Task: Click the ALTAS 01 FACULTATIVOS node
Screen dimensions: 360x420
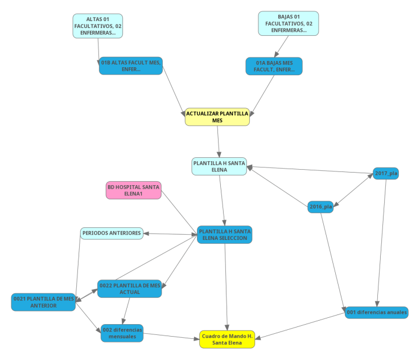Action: pyautogui.click(x=98, y=26)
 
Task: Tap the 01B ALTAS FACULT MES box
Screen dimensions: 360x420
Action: pyautogui.click(x=131, y=66)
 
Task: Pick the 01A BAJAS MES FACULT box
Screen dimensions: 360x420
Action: pyautogui.click(x=274, y=66)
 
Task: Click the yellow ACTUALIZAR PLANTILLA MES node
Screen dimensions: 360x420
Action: pyautogui.click(x=217, y=117)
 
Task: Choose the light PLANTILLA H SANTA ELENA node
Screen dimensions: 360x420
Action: pyautogui.click(x=219, y=166)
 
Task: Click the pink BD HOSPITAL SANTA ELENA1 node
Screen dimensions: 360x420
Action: pyautogui.click(x=134, y=190)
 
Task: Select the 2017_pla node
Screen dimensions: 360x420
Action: pyautogui.click(x=386, y=173)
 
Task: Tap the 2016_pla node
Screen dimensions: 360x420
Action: pyautogui.click(x=320, y=207)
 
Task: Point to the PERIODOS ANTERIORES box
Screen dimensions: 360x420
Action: pyautogui.click(x=112, y=233)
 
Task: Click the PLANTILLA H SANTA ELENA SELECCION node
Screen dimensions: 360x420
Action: pyautogui.click(x=225, y=235)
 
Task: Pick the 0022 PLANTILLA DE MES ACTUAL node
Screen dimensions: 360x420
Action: pyautogui.click(x=129, y=288)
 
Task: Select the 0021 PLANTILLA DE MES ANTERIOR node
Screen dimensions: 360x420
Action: pyautogui.click(x=43, y=302)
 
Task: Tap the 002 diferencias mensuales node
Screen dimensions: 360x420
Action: pyautogui.click(x=122, y=333)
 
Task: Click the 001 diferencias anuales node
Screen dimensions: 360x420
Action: pyautogui.click(x=376, y=312)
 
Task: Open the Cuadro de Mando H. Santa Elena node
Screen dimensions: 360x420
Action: pyautogui.click(x=227, y=339)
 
